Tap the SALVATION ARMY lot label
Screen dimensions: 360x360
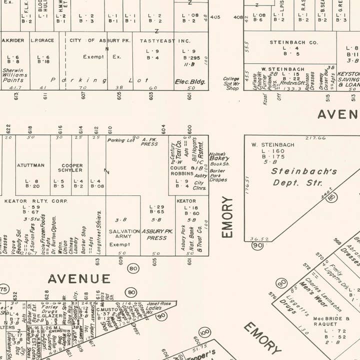click(120, 234)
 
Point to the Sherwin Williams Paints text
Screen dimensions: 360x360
click(13, 75)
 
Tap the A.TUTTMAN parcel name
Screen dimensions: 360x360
click(31, 165)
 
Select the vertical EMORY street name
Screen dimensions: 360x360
click(227, 217)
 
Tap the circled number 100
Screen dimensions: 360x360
click(204, 332)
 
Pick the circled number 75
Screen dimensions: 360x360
click(4, 289)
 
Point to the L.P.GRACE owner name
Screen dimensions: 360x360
click(42, 40)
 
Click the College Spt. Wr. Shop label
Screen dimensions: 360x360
click(231, 83)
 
